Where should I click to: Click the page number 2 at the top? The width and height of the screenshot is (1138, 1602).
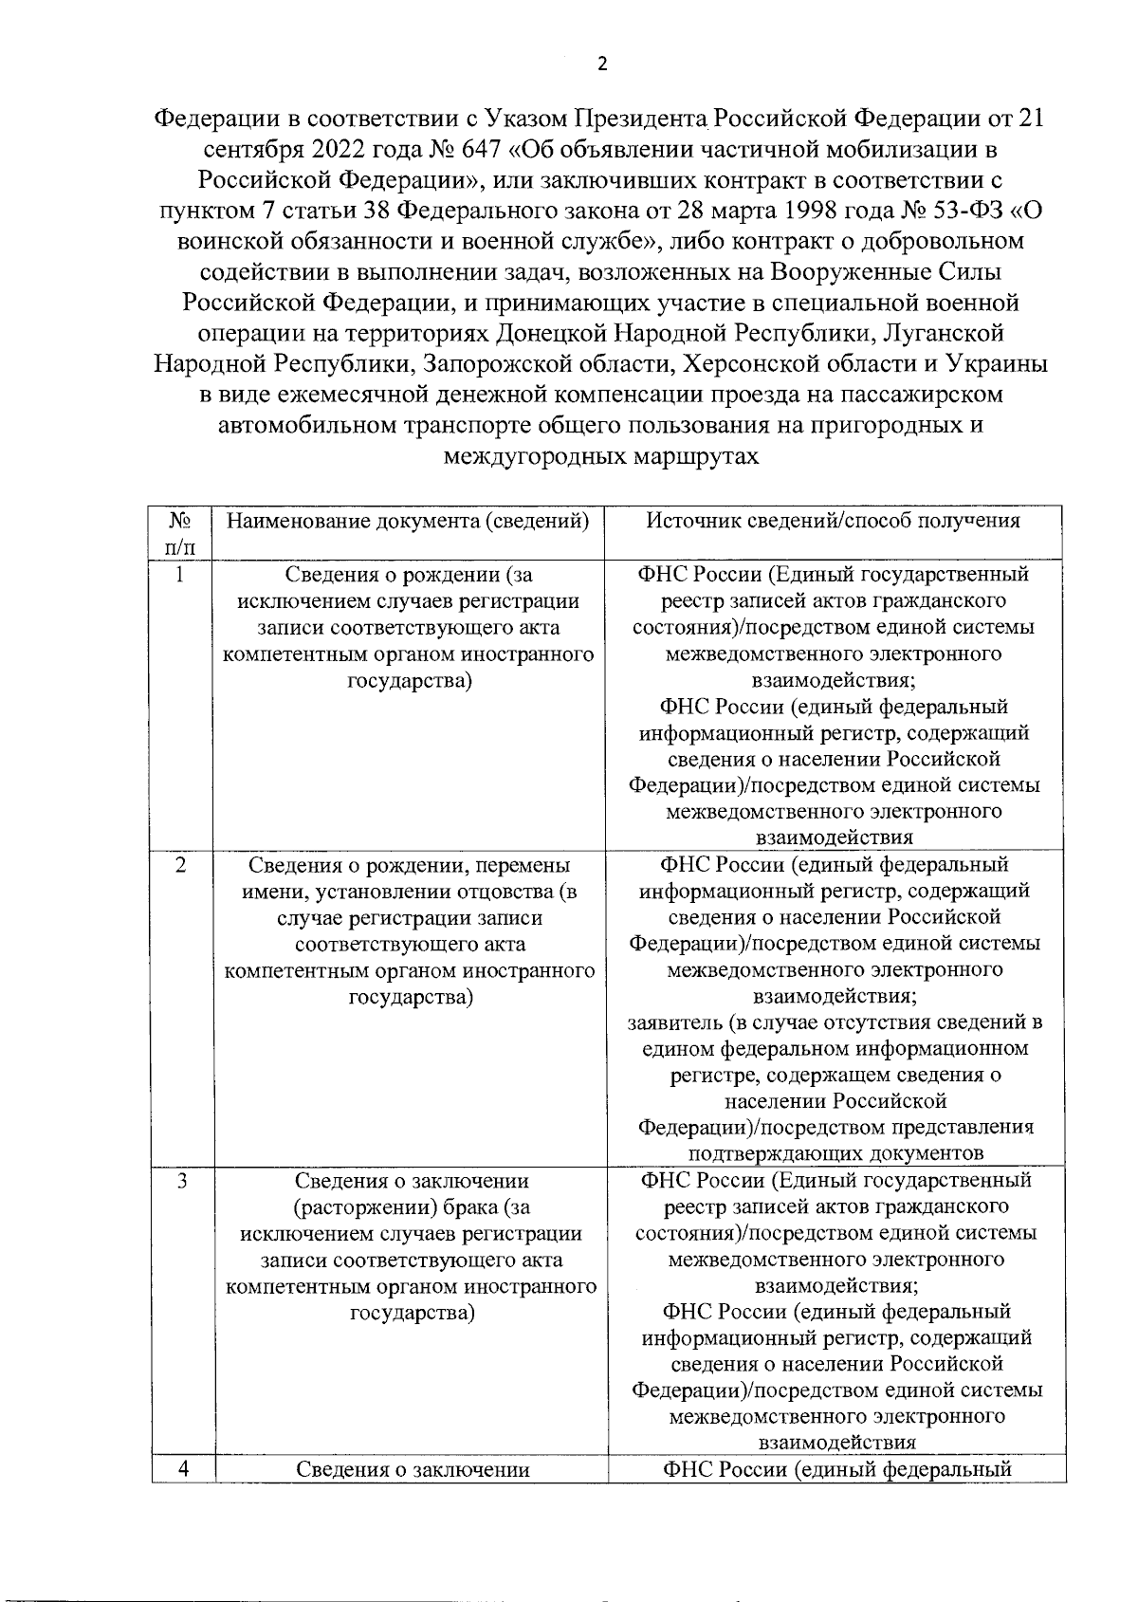(600, 64)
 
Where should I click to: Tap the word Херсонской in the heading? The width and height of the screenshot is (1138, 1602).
(762, 363)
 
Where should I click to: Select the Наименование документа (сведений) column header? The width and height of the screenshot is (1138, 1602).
(409, 521)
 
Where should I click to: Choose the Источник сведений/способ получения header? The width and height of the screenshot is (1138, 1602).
(834, 521)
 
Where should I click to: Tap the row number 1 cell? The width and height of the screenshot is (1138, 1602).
(181, 575)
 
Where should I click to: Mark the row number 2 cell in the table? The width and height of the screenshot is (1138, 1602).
(181, 865)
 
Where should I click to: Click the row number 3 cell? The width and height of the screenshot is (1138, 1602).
(181, 1181)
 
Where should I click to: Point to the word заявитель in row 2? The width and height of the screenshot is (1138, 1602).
(675, 1022)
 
